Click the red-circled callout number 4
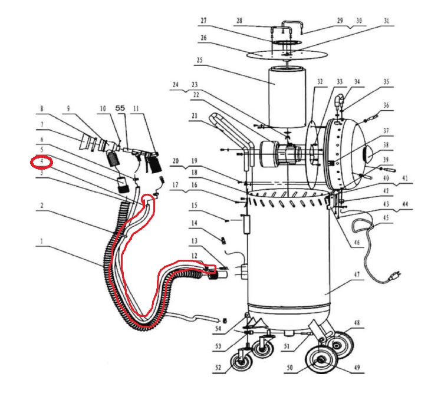tap(42, 161)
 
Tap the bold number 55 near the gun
tap(120, 108)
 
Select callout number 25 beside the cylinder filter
tap(199, 61)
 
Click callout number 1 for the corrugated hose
tap(42, 242)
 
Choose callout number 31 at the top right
tap(387, 21)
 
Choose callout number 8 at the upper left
tap(42, 108)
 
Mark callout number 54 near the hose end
tap(218, 328)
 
